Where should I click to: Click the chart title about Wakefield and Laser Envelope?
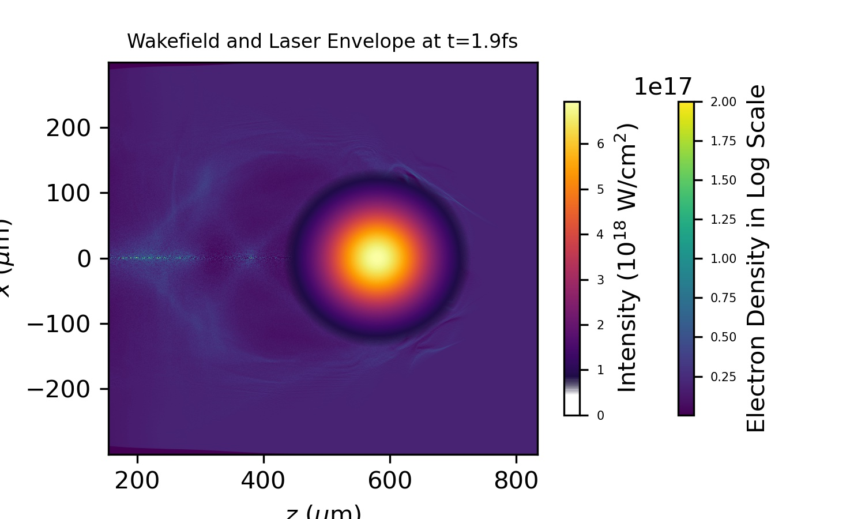tap(322, 42)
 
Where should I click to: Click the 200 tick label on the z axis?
tap(137, 480)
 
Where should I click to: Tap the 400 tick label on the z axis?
tap(264, 480)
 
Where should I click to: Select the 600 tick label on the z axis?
tap(390, 480)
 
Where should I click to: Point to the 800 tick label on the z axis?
tap(516, 480)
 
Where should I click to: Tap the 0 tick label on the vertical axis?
tap(84, 259)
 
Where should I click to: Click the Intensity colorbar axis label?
tap(627, 257)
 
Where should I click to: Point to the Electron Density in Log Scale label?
tap(756, 258)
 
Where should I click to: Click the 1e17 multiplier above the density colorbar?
tap(663, 87)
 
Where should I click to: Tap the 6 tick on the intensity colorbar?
tap(600, 144)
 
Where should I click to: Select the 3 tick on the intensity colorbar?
tap(600, 280)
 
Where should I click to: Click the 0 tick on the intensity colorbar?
tap(600, 416)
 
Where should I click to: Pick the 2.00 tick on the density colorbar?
tap(723, 102)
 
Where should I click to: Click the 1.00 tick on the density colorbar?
tap(723, 259)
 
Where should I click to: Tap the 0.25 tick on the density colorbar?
tap(723, 377)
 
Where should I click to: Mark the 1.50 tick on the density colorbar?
tap(723, 180)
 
